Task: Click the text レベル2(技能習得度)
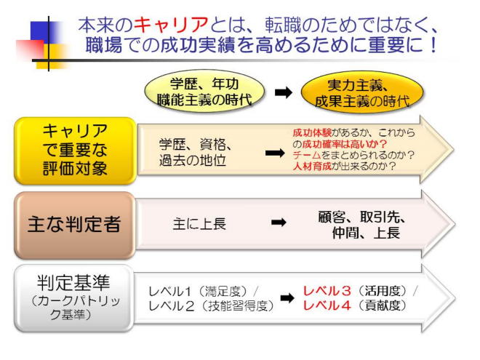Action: tap(210, 306)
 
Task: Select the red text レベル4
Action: tap(327, 306)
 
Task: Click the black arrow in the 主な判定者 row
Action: tap(279, 223)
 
